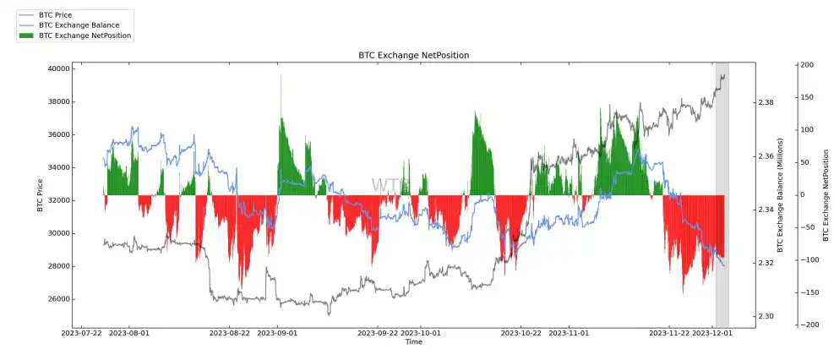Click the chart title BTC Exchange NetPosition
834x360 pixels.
point(413,55)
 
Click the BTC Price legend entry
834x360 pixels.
point(56,15)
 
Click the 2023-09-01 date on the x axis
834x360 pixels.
point(277,333)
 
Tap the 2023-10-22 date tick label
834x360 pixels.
point(521,333)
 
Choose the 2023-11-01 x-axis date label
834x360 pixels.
point(569,333)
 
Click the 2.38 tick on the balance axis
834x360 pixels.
point(766,102)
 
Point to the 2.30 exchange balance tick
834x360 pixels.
point(766,316)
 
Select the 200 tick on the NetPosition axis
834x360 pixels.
point(806,65)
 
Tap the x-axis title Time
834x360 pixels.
point(413,341)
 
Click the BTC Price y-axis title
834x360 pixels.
point(40,195)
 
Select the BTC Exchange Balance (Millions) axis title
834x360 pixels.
point(781,195)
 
